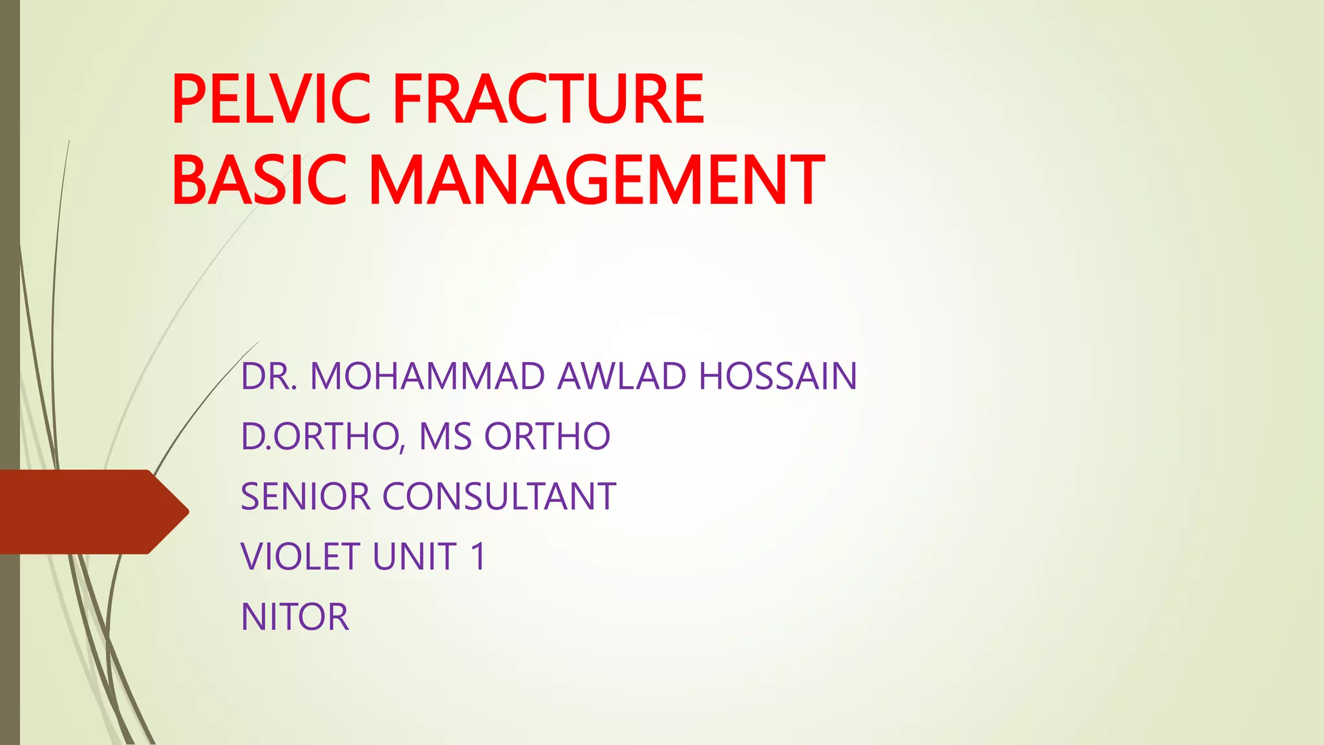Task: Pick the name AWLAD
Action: pos(621,376)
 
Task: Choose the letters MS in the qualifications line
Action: pos(445,437)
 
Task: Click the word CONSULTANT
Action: pos(499,497)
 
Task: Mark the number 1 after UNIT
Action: pos(478,557)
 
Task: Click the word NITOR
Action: pos(295,617)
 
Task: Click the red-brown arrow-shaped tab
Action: pos(84,512)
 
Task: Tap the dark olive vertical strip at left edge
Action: pos(10,259)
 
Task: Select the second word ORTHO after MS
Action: pos(547,437)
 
